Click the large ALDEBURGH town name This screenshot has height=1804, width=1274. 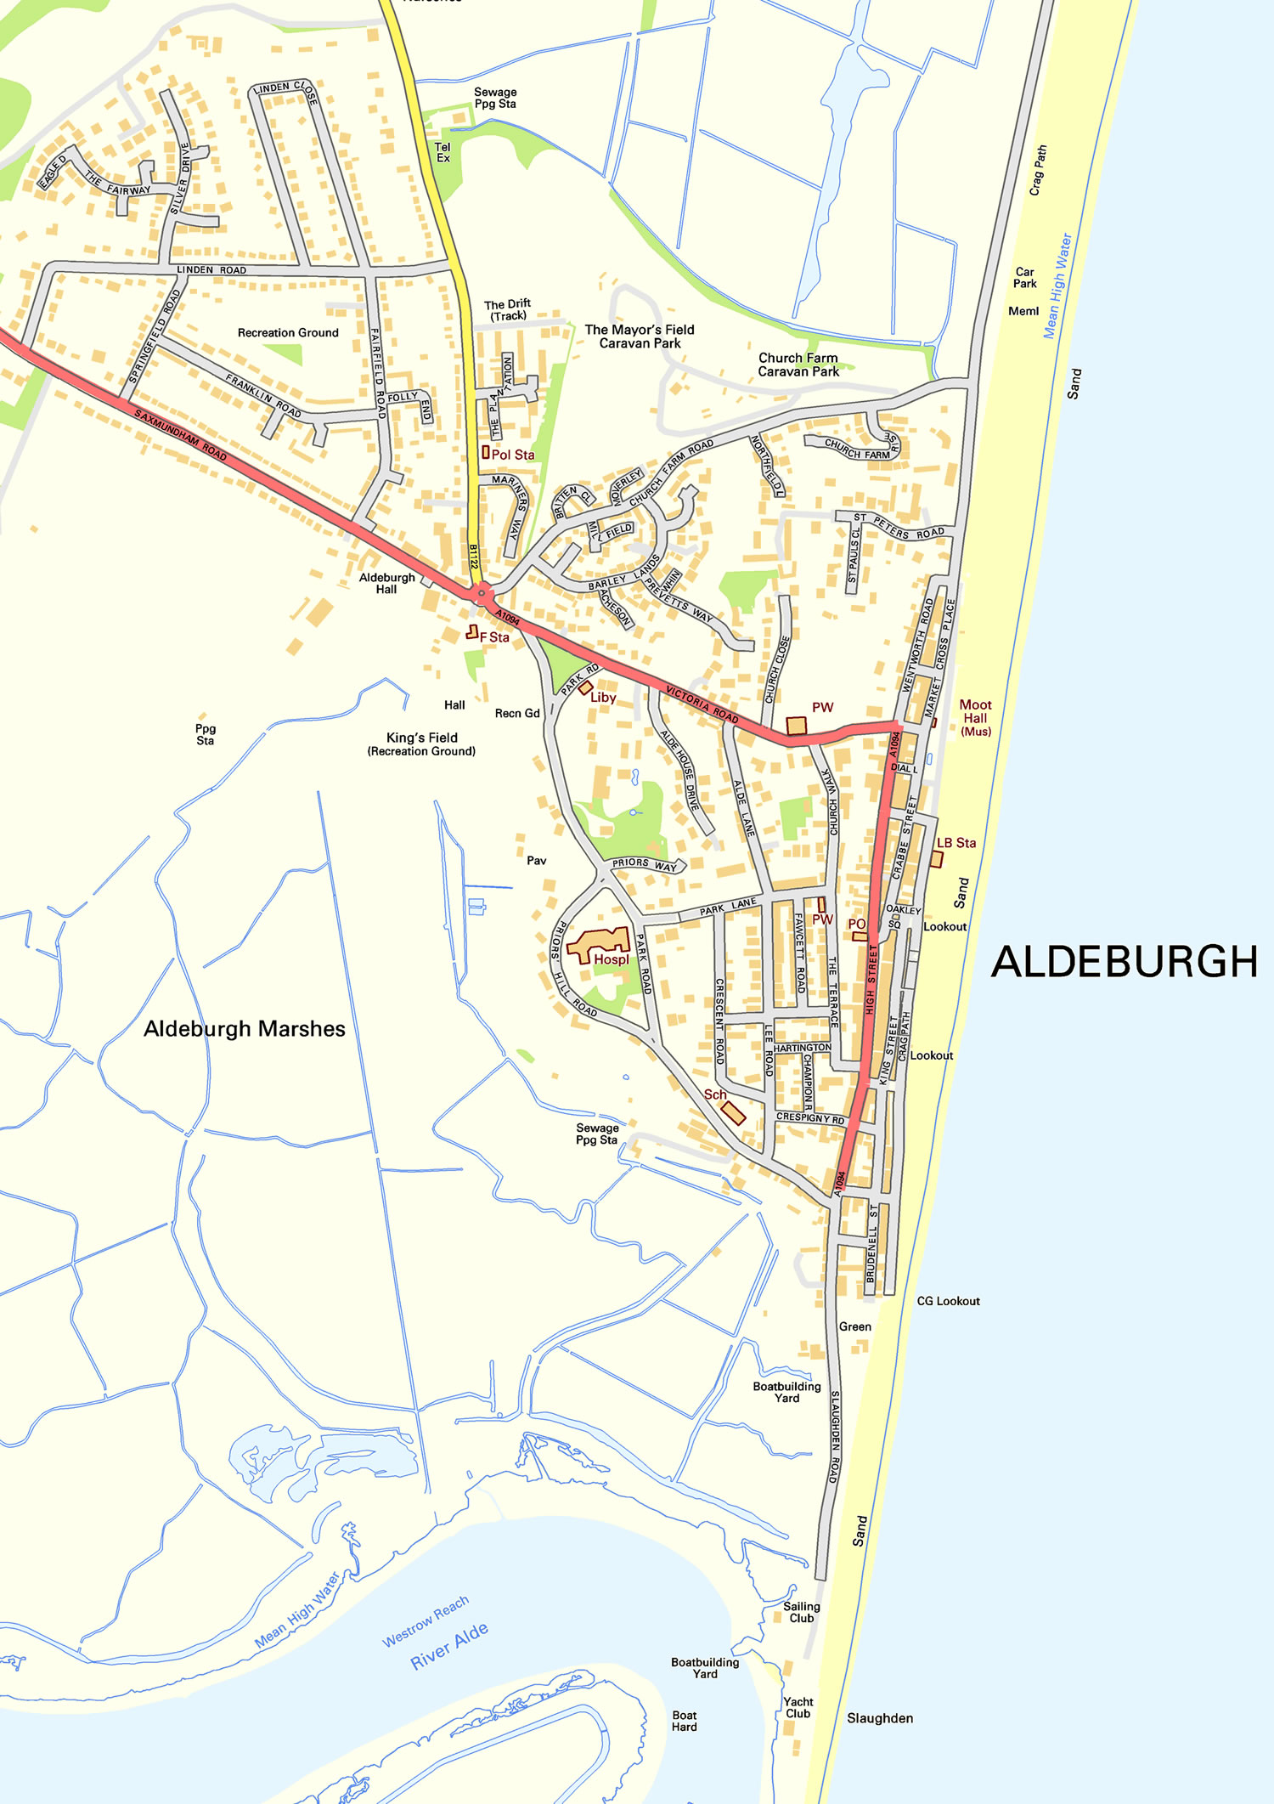(1124, 962)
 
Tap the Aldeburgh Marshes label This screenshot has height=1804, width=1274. (245, 1029)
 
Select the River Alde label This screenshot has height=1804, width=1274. (449, 1646)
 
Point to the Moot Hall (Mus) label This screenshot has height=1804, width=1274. (975, 717)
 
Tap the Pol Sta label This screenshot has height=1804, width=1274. (512, 455)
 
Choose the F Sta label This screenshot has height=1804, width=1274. (494, 637)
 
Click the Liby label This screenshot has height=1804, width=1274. (603, 698)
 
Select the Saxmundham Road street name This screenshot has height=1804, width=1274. (181, 435)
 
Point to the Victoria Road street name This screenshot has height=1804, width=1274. (702, 704)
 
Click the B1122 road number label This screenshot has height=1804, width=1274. (474, 557)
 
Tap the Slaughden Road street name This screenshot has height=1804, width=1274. (835, 1437)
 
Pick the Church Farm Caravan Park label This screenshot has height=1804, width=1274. (798, 365)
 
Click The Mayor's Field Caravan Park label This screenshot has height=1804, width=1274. (640, 336)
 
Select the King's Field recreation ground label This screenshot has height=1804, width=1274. (421, 744)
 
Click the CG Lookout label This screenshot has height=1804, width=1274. (948, 1301)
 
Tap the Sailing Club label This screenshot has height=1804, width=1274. (801, 1612)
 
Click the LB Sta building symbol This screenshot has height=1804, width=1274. (936, 859)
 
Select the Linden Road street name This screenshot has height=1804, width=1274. (211, 270)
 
